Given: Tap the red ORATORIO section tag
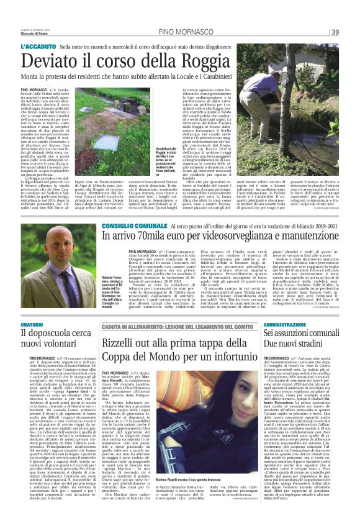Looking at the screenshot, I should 32,324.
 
